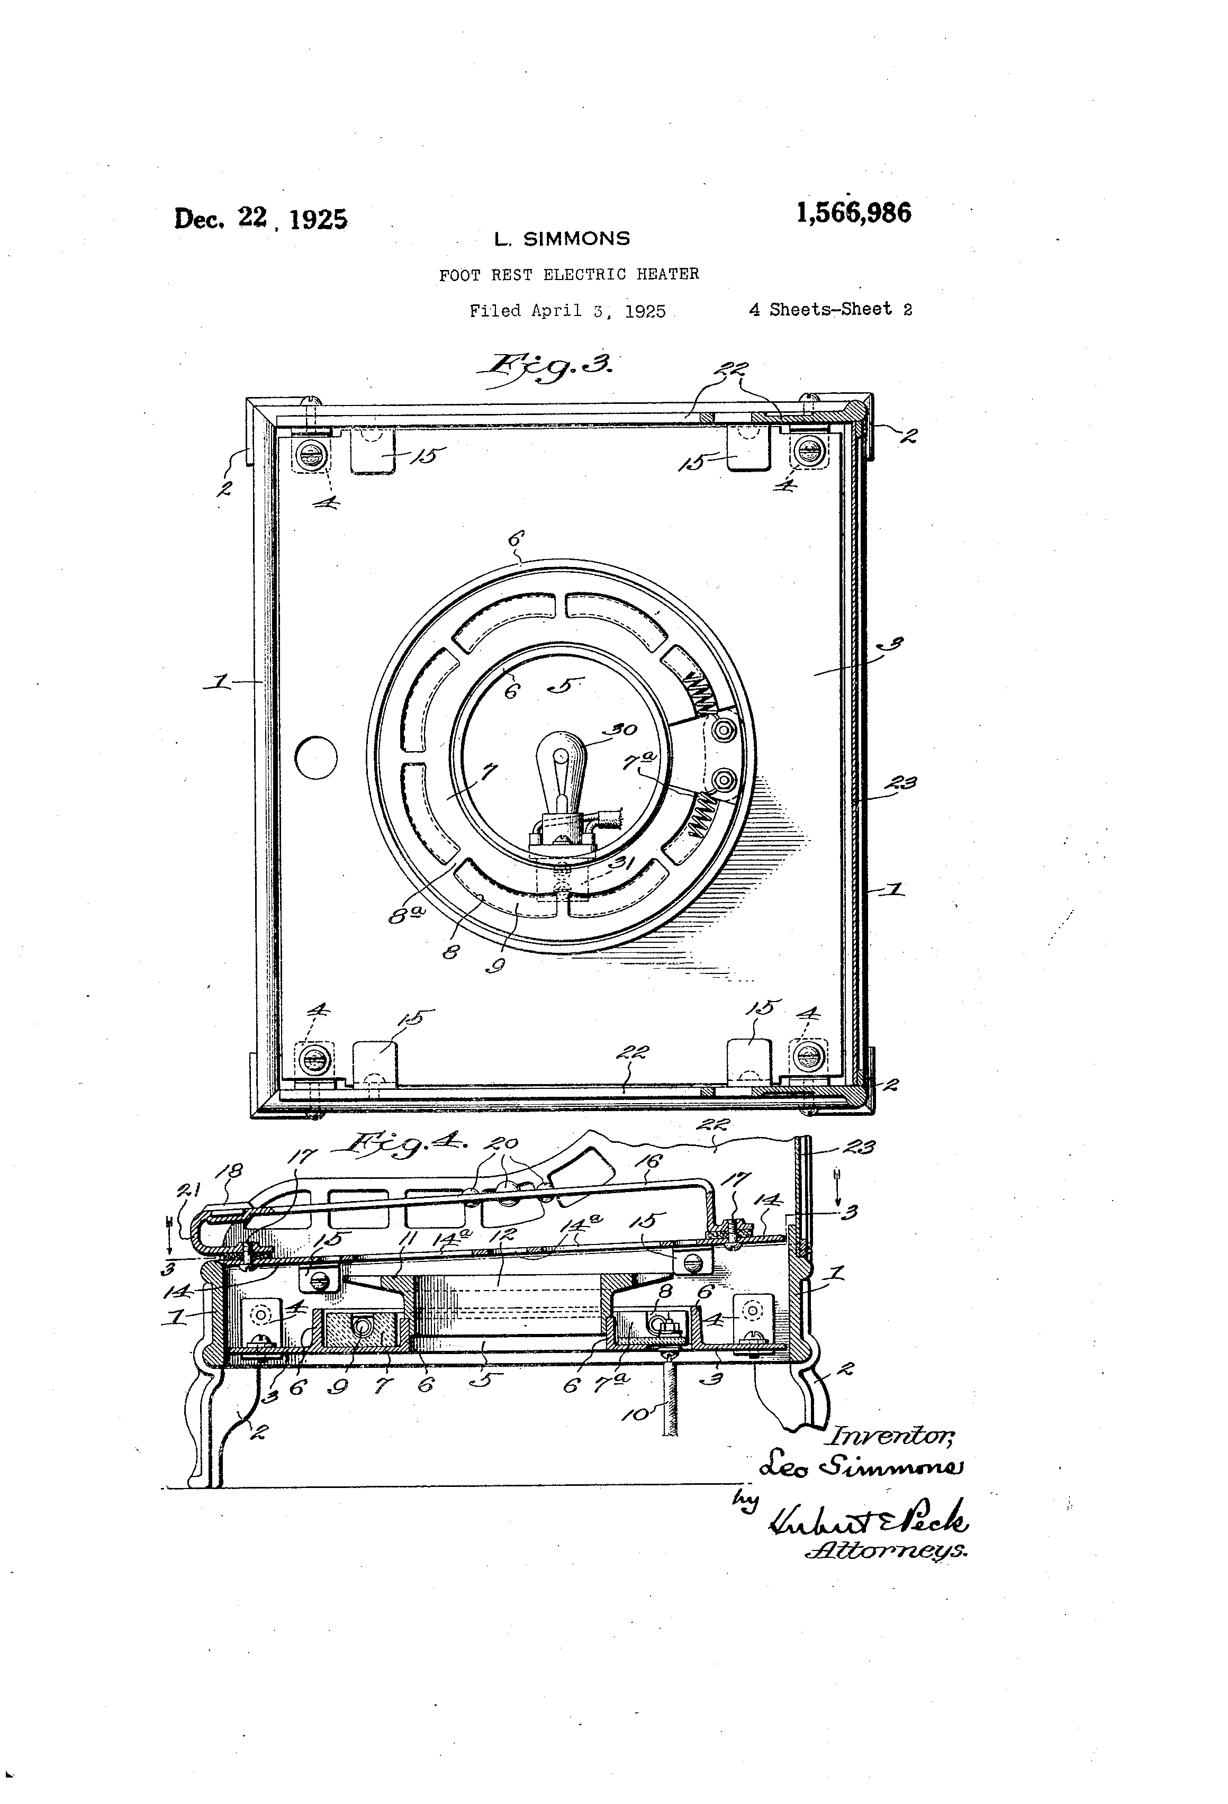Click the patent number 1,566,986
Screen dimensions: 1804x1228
click(853, 213)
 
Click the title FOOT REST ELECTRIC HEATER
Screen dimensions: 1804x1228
click(569, 274)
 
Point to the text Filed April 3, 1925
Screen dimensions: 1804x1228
click(567, 311)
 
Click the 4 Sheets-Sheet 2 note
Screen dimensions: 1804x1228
click(830, 310)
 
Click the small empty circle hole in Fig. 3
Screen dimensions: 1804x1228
click(317, 757)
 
